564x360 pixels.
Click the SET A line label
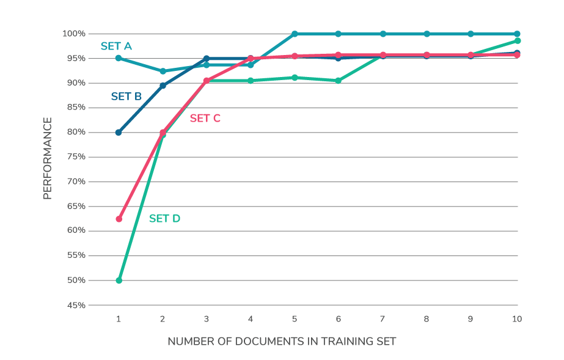[x=116, y=46]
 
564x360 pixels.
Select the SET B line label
[x=126, y=96]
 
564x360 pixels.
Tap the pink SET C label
[x=205, y=119]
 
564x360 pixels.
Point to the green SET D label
[x=164, y=218]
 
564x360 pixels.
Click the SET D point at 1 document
[x=119, y=281]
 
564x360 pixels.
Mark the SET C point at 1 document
[x=119, y=219]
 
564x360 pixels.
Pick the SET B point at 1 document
[x=119, y=133]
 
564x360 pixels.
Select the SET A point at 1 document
[x=119, y=58]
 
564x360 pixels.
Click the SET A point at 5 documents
[x=295, y=34]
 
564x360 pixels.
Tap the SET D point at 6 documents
[x=338, y=81]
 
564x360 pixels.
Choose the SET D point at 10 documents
[x=517, y=41]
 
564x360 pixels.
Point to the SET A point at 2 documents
[x=163, y=72]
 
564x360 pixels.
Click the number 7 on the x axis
[x=383, y=319]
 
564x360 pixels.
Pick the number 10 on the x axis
[x=516, y=319]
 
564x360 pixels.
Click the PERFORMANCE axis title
[x=48, y=158]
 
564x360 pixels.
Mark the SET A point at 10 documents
[x=517, y=34]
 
